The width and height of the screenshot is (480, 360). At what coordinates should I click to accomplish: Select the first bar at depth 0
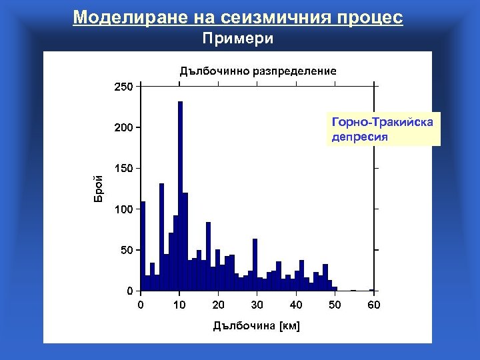[143, 247]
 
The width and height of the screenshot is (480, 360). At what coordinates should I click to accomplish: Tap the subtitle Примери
[238, 39]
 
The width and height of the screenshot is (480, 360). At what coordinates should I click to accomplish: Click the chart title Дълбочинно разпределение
[257, 70]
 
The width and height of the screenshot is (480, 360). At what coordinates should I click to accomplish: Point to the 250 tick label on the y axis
[123, 86]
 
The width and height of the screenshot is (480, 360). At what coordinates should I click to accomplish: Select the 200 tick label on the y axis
[123, 127]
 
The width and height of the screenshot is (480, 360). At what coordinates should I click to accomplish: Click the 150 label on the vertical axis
[123, 168]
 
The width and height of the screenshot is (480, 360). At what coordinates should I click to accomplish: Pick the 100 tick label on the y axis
[123, 209]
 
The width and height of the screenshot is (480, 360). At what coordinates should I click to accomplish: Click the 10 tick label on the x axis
[179, 305]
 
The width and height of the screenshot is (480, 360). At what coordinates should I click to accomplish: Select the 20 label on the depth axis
[218, 305]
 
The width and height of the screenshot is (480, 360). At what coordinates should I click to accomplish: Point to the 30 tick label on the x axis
[257, 305]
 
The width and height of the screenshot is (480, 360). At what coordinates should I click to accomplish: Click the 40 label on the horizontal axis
[296, 305]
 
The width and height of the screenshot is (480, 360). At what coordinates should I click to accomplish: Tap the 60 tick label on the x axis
[373, 305]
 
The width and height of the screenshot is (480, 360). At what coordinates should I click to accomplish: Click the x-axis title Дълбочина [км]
[257, 326]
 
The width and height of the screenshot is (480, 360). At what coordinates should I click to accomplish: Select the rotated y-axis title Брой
[98, 188]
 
